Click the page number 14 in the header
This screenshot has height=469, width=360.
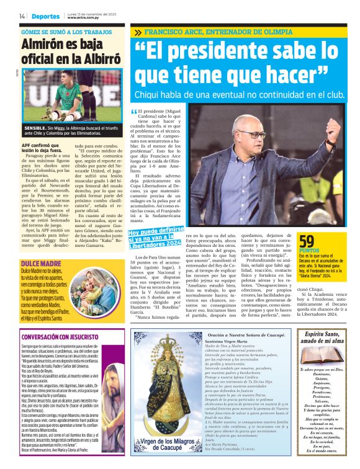tap(22, 16)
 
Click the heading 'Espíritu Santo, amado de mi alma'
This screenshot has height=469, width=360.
tap(323, 340)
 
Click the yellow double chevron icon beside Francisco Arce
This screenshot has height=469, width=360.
tap(137, 31)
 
